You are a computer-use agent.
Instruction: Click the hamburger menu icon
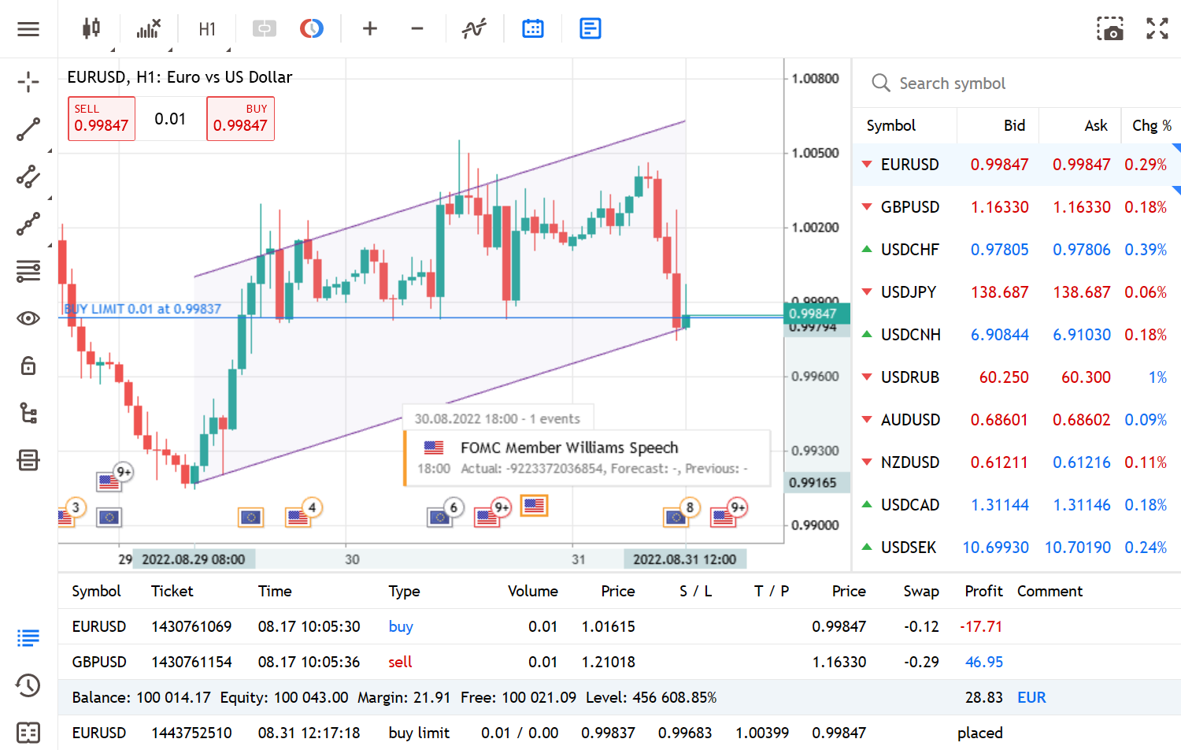point(28,29)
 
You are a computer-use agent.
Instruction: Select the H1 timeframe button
point(207,29)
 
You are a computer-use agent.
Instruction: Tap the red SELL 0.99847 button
point(102,119)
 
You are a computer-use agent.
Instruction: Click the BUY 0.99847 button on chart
point(240,119)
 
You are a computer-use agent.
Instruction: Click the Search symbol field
point(952,84)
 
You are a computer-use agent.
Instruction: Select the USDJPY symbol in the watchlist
point(909,292)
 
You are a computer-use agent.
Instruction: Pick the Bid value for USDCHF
point(999,250)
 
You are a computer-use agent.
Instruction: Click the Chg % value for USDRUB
point(1157,377)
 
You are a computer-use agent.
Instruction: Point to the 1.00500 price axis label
point(815,153)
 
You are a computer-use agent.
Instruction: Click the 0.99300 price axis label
point(815,451)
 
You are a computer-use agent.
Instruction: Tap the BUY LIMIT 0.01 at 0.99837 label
point(143,309)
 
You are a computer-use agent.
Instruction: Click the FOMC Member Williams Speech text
point(569,447)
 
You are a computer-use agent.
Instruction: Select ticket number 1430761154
point(191,662)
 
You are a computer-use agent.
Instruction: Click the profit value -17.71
point(981,626)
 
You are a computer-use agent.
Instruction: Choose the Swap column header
point(920,591)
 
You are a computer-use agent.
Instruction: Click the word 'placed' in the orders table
point(979,733)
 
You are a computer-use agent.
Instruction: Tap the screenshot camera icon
point(1110,29)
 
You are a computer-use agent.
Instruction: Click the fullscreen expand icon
point(1157,29)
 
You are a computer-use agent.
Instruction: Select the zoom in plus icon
point(370,29)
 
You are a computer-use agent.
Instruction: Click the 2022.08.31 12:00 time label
point(684,559)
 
